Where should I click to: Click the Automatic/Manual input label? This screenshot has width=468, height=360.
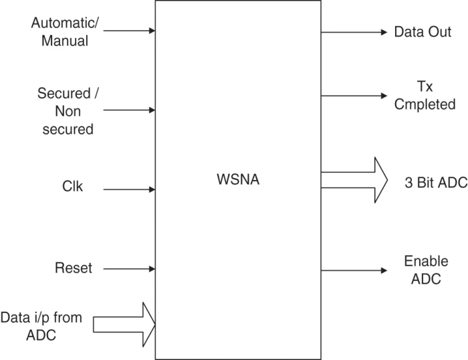coord(64,31)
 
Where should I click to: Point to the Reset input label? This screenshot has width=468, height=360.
coord(74,269)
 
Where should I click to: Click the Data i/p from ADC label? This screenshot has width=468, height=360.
coord(41,325)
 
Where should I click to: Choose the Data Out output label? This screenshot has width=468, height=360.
coord(422,32)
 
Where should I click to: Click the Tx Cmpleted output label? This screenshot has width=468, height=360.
coord(426,96)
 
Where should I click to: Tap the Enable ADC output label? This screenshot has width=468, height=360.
coord(426,270)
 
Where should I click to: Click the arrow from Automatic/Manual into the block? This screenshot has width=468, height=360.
coord(130,31)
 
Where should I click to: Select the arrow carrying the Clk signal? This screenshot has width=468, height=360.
coord(130,189)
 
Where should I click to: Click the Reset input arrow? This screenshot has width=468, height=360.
coord(130,270)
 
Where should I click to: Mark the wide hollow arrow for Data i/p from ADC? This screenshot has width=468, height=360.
coord(124,325)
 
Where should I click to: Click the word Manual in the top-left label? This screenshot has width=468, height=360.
coord(64,41)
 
